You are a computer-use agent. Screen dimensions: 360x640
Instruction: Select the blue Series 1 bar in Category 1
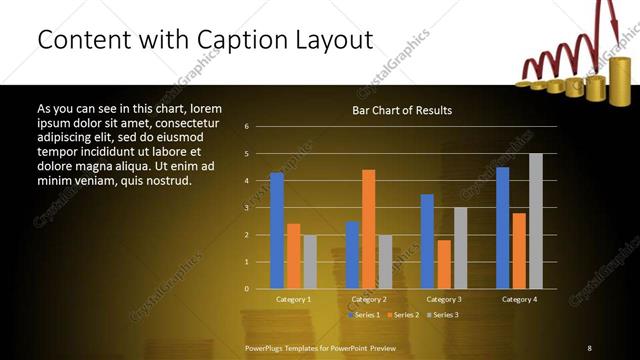tap(277, 231)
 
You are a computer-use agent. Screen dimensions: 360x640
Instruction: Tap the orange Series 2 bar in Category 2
tap(369, 229)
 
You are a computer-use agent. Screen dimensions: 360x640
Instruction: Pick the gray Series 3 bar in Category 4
tap(536, 221)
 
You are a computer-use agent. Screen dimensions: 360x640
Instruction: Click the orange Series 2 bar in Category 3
tap(444, 264)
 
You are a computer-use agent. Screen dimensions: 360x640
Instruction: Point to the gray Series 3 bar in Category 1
tap(310, 262)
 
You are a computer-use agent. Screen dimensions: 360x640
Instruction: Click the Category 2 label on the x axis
tap(369, 299)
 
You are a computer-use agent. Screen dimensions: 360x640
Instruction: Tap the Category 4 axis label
tap(519, 299)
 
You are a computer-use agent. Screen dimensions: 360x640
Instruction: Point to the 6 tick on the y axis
tap(247, 127)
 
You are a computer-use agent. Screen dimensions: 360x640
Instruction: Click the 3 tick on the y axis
tap(247, 208)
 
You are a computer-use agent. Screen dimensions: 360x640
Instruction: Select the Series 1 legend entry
tap(363, 315)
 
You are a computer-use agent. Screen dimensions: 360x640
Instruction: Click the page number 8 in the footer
tap(589, 347)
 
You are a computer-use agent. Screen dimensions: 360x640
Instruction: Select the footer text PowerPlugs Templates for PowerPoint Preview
tap(321, 347)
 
